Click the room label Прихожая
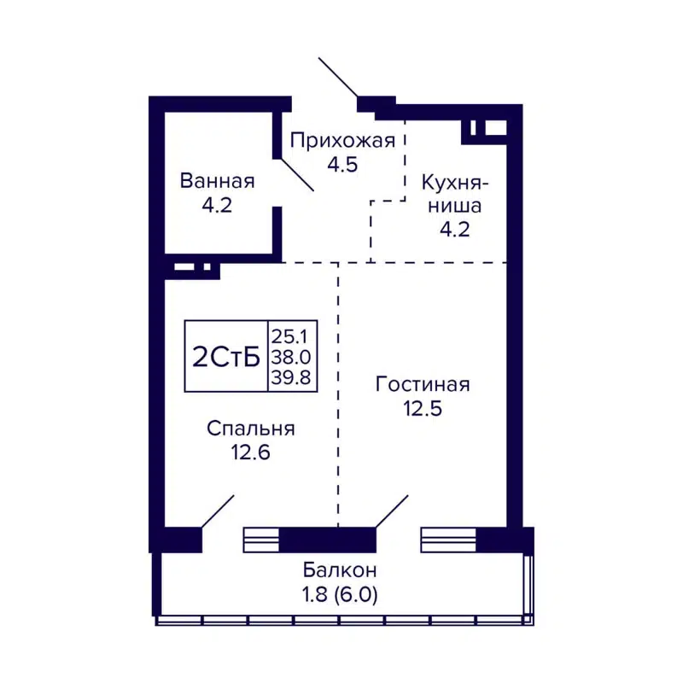[341, 141]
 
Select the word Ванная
[217, 181]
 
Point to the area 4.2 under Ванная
[217, 205]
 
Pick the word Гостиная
[423, 384]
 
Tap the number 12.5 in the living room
[423, 408]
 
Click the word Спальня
[250, 429]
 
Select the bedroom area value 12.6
[250, 452]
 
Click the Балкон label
[340, 569]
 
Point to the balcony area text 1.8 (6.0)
[340, 593]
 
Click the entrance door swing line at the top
[338, 77]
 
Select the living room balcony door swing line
[392, 511]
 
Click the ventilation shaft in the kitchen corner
[483, 128]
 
